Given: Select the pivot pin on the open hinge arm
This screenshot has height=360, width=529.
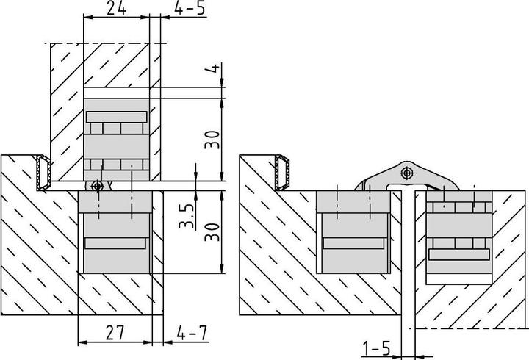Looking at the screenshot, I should [406, 173].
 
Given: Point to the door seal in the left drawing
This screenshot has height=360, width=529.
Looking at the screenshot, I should [44, 173].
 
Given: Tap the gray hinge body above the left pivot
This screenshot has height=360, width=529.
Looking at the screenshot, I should [118, 140].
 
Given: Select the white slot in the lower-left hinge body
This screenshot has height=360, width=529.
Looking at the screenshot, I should [115, 243].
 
